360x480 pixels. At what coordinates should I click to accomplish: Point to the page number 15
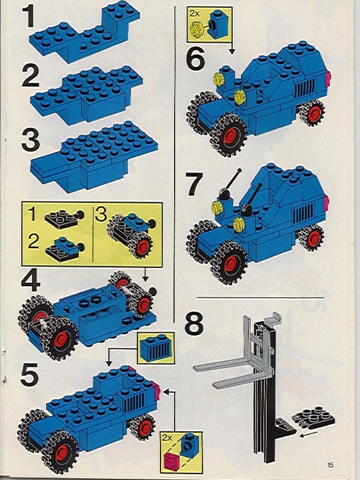329,465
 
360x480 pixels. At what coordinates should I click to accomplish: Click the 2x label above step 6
194,12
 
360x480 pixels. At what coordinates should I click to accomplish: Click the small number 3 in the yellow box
101,214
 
